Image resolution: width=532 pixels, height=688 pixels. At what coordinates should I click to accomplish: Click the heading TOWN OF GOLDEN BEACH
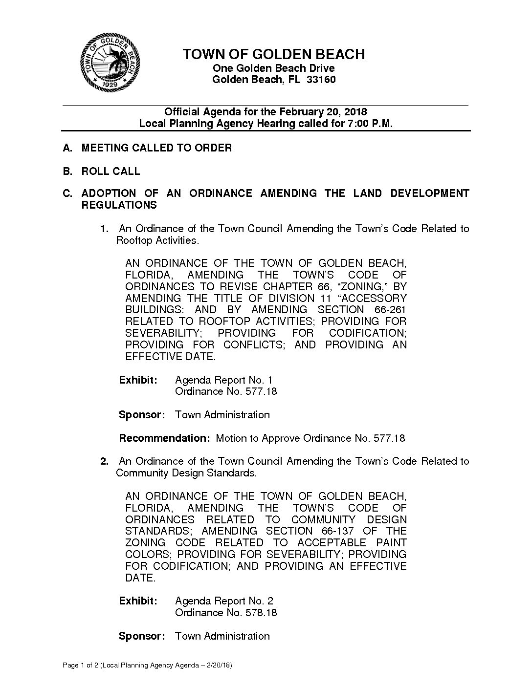click(x=273, y=54)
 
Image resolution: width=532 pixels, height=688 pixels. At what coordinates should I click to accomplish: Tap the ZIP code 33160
click(x=321, y=80)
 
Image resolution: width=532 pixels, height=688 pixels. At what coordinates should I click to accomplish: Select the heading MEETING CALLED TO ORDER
click(x=156, y=148)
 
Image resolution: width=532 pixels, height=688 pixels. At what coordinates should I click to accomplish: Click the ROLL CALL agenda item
click(x=111, y=171)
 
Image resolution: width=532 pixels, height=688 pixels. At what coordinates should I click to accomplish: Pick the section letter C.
click(x=67, y=193)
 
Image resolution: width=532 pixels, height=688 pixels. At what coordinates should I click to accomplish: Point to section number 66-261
click(x=386, y=310)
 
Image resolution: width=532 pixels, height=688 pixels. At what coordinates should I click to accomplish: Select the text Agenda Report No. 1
click(x=223, y=380)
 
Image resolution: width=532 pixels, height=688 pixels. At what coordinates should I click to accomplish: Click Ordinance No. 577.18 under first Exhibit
click(x=226, y=391)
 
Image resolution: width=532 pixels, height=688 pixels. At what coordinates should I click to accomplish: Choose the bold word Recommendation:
click(x=164, y=438)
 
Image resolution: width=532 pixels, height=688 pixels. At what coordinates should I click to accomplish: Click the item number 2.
click(x=104, y=461)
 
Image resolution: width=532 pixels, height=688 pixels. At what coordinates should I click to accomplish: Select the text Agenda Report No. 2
click(x=224, y=601)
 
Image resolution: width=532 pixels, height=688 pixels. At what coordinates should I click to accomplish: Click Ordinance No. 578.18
click(x=226, y=613)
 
